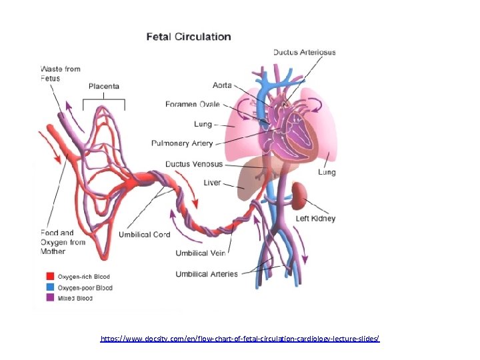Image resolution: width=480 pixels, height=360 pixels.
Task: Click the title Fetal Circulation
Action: [189, 37]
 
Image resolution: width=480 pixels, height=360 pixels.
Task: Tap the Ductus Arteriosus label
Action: [304, 52]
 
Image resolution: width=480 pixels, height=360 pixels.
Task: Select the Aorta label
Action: [222, 85]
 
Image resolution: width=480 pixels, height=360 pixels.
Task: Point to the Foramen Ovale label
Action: [193, 104]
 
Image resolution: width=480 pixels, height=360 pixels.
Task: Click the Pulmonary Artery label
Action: [182, 143]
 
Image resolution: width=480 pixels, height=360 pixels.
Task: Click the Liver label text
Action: [212, 183]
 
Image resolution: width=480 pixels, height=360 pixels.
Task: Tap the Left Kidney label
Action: [316, 219]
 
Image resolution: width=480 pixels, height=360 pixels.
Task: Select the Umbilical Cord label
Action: [144, 235]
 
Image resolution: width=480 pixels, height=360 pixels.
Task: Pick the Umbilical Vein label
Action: [201, 253]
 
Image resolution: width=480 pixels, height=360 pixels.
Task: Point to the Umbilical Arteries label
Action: [207, 274]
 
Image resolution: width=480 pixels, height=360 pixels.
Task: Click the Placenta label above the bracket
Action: [104, 87]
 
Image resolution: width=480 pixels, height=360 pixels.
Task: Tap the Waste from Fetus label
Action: [60, 73]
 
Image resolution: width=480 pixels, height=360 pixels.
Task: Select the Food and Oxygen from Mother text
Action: [63, 242]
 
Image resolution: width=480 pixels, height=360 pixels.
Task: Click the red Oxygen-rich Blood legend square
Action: [50, 277]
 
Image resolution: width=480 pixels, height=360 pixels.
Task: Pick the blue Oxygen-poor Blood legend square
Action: [50, 288]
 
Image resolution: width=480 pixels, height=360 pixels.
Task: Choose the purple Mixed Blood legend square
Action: [50, 299]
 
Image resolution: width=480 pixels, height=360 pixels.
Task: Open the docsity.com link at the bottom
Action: [240, 339]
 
